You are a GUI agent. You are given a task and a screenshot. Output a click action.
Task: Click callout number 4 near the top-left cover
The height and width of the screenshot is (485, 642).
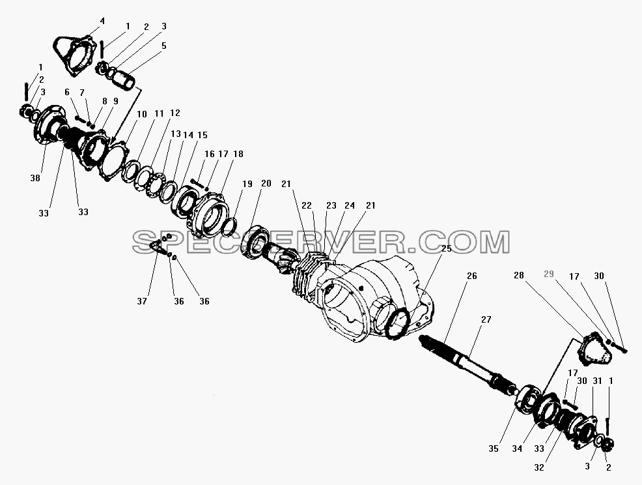pyautogui.click(x=102, y=21)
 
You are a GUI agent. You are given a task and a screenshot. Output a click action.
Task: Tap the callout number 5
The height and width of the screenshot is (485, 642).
pyautogui.click(x=164, y=46)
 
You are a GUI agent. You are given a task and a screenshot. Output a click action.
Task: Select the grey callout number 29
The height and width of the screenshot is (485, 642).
pyautogui.click(x=549, y=274)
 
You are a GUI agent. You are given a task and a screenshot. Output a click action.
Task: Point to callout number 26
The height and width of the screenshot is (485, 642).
pyautogui.click(x=472, y=276)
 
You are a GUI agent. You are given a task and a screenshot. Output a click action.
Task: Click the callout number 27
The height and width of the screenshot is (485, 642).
pyautogui.click(x=486, y=319)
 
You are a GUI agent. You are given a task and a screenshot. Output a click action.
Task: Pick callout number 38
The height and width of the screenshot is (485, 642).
pyautogui.click(x=35, y=178)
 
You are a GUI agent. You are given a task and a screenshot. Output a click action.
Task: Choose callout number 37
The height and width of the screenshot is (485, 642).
pyautogui.click(x=142, y=301)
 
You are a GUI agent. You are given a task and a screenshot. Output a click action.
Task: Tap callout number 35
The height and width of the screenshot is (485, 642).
pyautogui.click(x=494, y=449)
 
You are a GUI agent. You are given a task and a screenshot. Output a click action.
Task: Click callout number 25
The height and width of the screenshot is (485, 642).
pyautogui.click(x=446, y=248)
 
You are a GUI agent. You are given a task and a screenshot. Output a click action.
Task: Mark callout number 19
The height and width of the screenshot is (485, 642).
pyautogui.click(x=247, y=184)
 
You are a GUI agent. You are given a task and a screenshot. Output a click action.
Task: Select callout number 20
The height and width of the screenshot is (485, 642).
pyautogui.click(x=266, y=183)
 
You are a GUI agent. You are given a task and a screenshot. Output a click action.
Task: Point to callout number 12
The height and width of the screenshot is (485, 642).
pyautogui.click(x=175, y=113)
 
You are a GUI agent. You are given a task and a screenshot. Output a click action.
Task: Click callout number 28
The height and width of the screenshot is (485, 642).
pyautogui.click(x=519, y=276)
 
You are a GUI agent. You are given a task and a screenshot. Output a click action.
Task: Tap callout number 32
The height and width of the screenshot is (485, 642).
pyautogui.click(x=539, y=467)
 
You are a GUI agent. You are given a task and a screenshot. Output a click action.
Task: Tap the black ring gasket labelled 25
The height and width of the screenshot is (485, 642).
pyautogui.click(x=396, y=323)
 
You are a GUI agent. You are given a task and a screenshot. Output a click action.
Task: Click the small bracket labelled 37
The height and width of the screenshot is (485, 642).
pyautogui.click(x=157, y=247)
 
